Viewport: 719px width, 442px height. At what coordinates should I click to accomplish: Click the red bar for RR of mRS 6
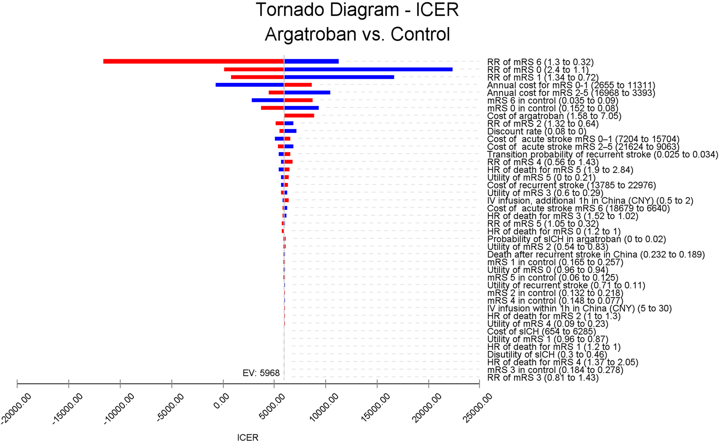(193, 61)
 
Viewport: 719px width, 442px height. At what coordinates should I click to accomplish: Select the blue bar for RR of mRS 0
(368, 69)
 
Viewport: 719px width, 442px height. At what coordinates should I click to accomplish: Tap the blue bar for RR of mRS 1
(339, 77)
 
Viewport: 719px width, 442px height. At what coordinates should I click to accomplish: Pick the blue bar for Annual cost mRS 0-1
(250, 85)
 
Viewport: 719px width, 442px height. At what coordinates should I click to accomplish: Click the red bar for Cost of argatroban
(299, 116)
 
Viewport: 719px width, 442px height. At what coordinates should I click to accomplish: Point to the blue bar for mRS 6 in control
(268, 100)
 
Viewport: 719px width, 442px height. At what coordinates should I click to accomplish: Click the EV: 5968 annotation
(261, 373)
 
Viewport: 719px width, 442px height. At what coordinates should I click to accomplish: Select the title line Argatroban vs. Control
(357, 34)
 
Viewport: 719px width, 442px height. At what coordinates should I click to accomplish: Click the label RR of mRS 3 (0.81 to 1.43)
(542, 378)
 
